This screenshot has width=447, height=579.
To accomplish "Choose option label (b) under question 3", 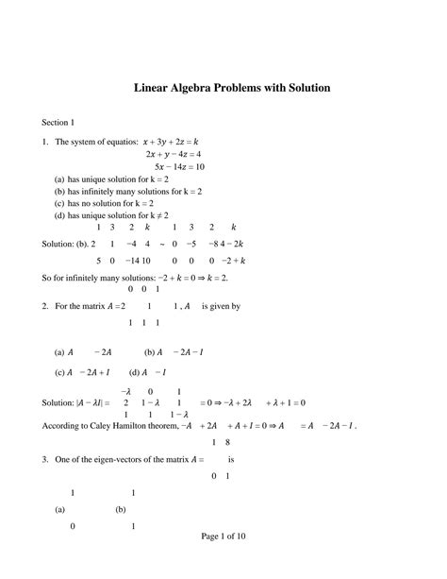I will (x=121, y=509).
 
